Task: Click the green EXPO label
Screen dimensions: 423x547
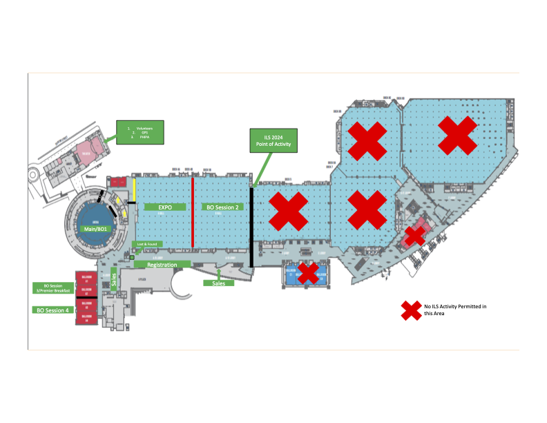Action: (165, 207)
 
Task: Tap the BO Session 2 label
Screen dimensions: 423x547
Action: (222, 207)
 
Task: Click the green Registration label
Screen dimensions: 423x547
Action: (162, 264)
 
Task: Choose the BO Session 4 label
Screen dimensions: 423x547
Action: (53, 310)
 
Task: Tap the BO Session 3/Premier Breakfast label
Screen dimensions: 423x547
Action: (53, 288)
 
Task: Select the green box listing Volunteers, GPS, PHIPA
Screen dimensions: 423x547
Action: (140, 132)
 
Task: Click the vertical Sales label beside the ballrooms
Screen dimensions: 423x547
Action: (114, 279)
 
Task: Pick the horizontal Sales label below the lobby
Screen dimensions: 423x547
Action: (219, 283)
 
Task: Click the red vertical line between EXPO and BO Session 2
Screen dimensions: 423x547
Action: (193, 211)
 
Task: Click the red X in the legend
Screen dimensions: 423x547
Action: (412, 310)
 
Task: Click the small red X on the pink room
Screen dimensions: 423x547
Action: (414, 236)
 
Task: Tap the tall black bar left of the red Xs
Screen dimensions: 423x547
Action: (251, 214)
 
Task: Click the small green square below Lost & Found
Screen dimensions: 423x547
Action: (132, 257)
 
